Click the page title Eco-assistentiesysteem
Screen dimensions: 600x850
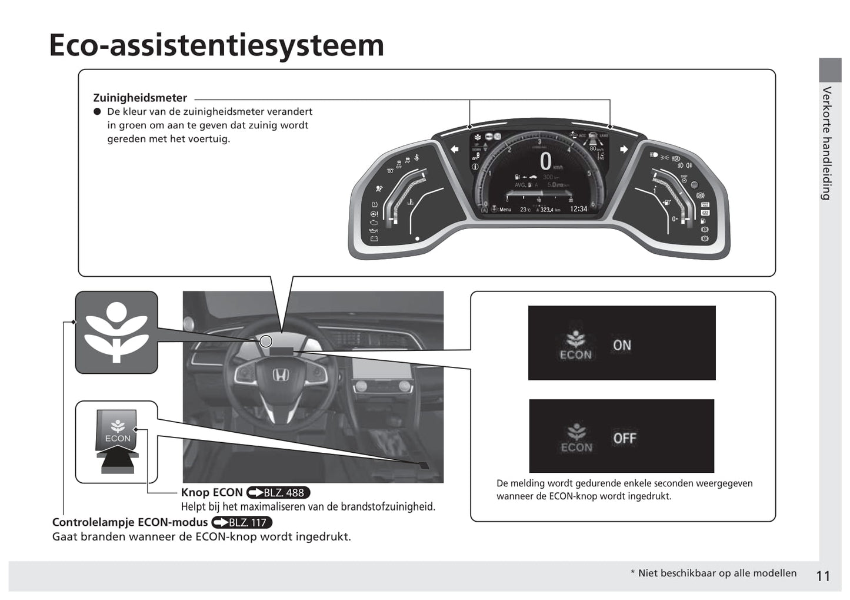pos(216,45)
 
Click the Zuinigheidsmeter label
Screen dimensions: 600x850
pos(140,98)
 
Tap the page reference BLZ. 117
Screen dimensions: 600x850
pos(242,522)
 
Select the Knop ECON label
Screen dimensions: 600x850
pos(212,493)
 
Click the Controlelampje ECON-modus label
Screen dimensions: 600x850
pos(129,522)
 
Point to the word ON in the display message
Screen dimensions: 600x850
pos(622,346)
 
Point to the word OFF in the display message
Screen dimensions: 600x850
pos(625,439)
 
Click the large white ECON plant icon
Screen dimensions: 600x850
pos(116,332)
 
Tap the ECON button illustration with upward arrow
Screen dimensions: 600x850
pos(118,442)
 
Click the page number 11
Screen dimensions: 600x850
pos(823,576)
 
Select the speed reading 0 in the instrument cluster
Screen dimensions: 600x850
pos(546,161)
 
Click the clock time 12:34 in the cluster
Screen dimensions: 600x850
pos(578,209)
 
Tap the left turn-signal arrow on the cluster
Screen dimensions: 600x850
pos(455,150)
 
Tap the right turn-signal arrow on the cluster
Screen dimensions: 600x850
pos(624,150)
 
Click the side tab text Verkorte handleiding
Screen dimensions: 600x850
pos(827,143)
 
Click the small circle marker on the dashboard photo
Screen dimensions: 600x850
pos(266,342)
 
